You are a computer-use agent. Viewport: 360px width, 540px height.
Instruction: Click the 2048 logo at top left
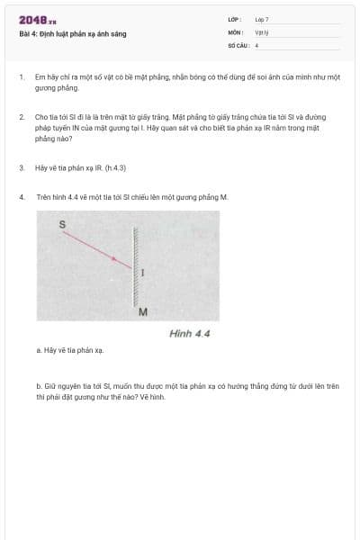coord(37,21)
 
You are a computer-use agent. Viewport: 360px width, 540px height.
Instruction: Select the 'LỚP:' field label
coord(234,19)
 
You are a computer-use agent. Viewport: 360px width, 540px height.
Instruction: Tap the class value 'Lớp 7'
coord(261,19)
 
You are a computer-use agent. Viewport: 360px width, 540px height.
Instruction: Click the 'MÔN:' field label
coord(235,31)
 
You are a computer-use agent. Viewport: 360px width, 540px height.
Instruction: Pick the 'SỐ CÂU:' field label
coord(238,44)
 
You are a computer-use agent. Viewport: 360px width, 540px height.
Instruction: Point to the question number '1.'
coord(21,78)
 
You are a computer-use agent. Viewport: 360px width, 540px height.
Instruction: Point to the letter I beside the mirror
coord(144,273)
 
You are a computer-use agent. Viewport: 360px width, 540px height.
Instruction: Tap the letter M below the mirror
coord(142,312)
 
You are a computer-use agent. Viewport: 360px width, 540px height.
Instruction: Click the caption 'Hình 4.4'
coord(189,333)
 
